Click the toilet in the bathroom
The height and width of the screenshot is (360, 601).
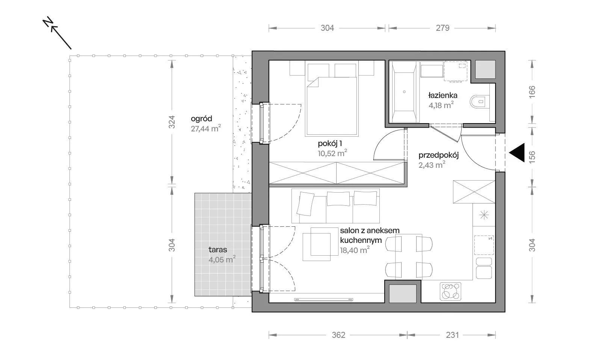479,102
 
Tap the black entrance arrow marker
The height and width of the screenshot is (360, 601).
517,152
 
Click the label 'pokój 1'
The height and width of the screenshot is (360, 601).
330,144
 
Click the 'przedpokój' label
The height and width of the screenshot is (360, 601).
439,155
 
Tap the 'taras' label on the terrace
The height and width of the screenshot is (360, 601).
217,250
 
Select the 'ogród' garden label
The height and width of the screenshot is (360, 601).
201,119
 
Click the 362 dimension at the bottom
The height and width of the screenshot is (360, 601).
338,335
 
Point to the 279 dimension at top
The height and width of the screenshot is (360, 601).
442,28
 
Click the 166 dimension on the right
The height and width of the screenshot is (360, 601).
532,92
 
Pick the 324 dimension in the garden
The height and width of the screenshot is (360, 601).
172,122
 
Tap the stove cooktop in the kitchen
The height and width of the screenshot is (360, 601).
451,291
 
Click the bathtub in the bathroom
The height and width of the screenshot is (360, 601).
404,92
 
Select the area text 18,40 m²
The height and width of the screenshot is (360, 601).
355,250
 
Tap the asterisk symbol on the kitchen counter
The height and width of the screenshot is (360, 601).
484,215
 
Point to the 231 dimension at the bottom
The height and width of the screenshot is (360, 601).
452,335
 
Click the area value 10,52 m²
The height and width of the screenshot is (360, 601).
332,153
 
